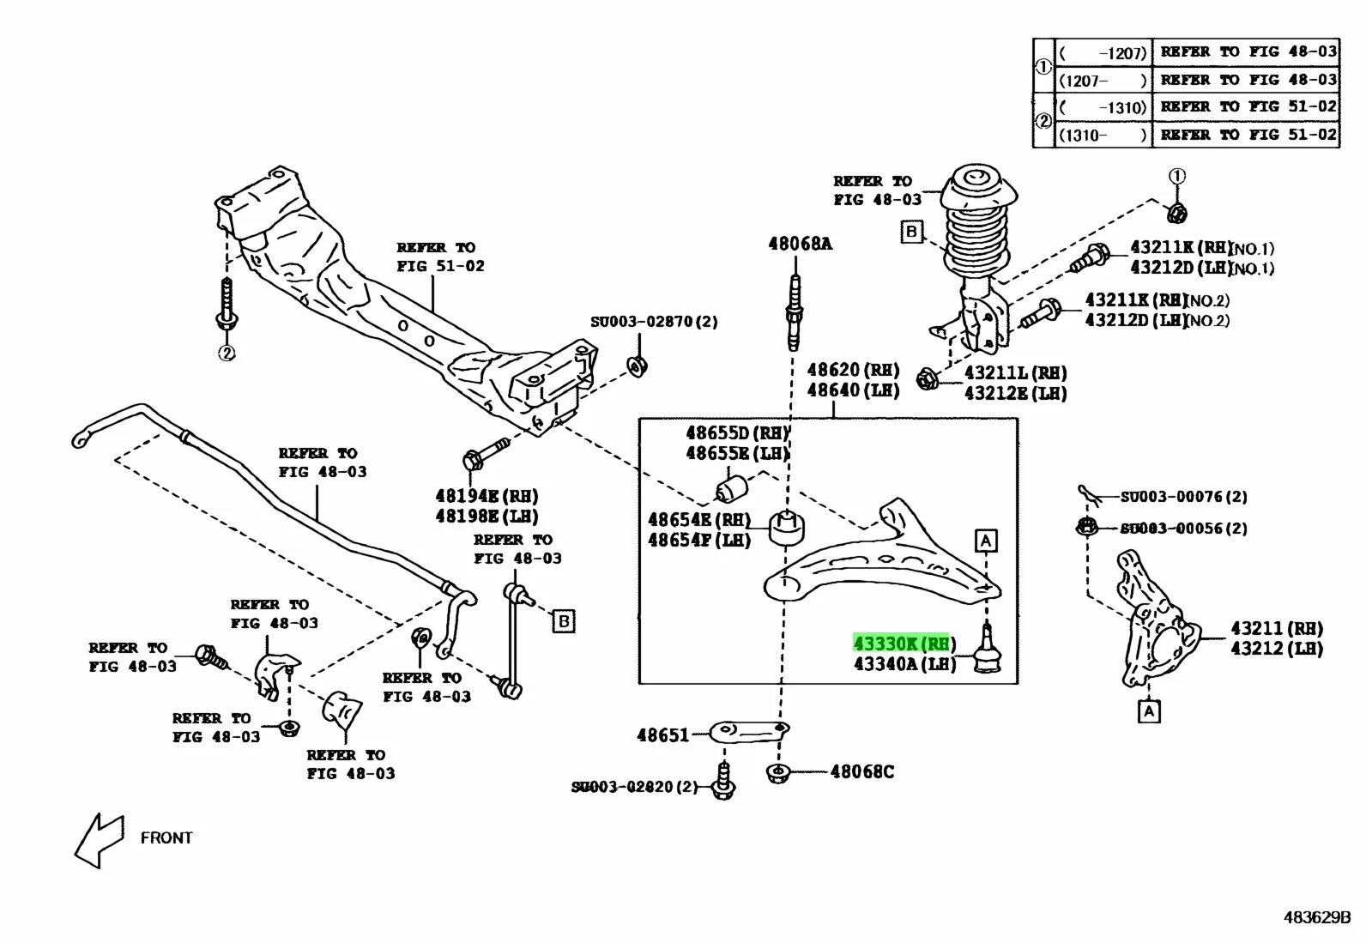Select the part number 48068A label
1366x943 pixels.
pyautogui.click(x=800, y=244)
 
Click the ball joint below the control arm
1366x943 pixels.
pyautogui.click(x=989, y=652)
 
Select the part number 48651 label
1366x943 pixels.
pyautogui.click(x=662, y=735)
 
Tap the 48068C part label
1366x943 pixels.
pyautogui.click(x=861, y=772)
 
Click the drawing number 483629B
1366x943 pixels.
pyautogui.click(x=1317, y=917)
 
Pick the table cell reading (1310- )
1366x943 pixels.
pyautogui.click(x=1103, y=136)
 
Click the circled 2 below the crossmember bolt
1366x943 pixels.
pyautogui.click(x=227, y=353)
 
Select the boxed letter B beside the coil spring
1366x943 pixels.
pyautogui.click(x=911, y=231)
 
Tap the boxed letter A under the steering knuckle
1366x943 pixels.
pyautogui.click(x=1148, y=711)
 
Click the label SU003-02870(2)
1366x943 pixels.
pyautogui.click(x=654, y=322)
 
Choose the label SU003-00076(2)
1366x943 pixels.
pyautogui.click(x=1183, y=497)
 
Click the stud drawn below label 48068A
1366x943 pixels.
pyautogui.click(x=795, y=313)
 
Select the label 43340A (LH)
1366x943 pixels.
pyautogui.click(x=904, y=664)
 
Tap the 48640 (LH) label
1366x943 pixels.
pyautogui.click(x=853, y=390)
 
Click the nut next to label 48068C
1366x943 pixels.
pyautogui.click(x=777, y=774)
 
